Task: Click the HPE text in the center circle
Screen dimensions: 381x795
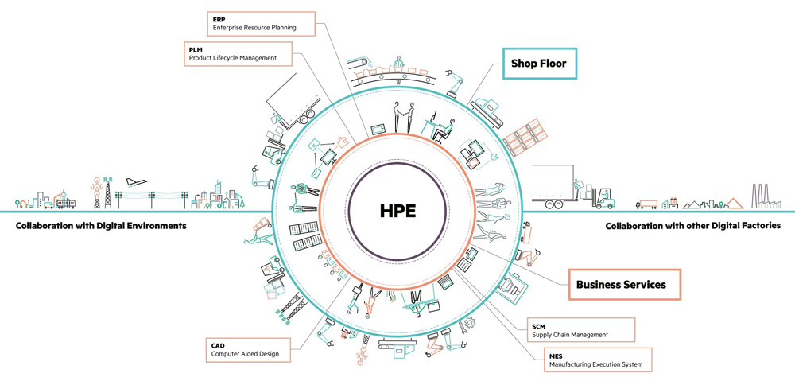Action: tap(397, 211)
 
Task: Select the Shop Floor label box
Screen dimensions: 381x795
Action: tap(539, 64)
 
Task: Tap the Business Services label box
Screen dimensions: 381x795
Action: tap(624, 284)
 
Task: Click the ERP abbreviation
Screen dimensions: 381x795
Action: tap(219, 18)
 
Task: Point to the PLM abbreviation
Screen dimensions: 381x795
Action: tap(196, 49)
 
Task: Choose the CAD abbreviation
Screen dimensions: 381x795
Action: tap(218, 345)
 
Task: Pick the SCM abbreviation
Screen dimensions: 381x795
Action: tap(539, 326)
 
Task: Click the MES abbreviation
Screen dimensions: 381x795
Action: tap(556, 356)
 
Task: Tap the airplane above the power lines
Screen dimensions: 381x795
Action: tap(136, 181)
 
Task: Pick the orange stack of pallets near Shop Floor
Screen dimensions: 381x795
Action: tap(522, 140)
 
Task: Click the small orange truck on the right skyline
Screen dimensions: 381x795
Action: tap(647, 204)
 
